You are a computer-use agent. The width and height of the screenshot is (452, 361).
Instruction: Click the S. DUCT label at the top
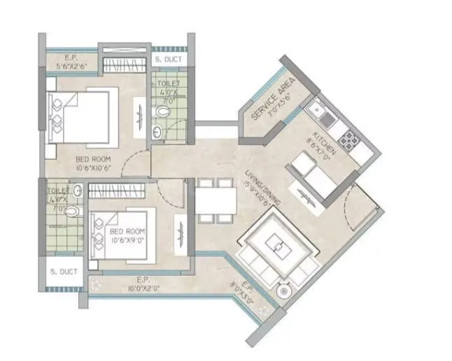[168, 60]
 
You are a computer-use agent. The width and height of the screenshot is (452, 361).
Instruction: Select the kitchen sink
[322, 110]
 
